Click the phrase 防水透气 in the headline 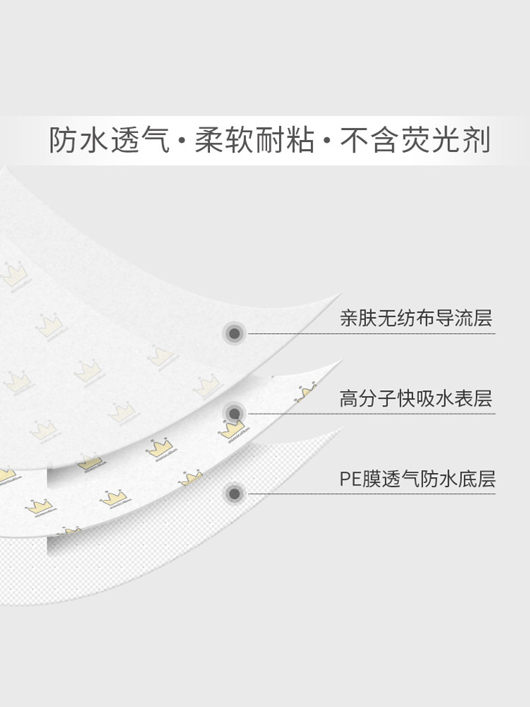tap(110, 140)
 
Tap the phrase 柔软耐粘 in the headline tap(255, 140)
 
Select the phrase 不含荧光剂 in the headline tap(416, 140)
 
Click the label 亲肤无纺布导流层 tap(416, 318)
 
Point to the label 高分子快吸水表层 tap(416, 399)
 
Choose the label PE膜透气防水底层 tap(417, 479)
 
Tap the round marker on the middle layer tap(233, 412)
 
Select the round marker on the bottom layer tap(233, 493)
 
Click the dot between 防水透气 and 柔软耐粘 tap(182, 141)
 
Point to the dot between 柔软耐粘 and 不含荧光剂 tap(327, 141)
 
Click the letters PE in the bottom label tap(350, 479)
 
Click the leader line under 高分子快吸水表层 tap(367, 413)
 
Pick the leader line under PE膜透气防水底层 tap(367, 493)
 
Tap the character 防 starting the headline tap(62, 140)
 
